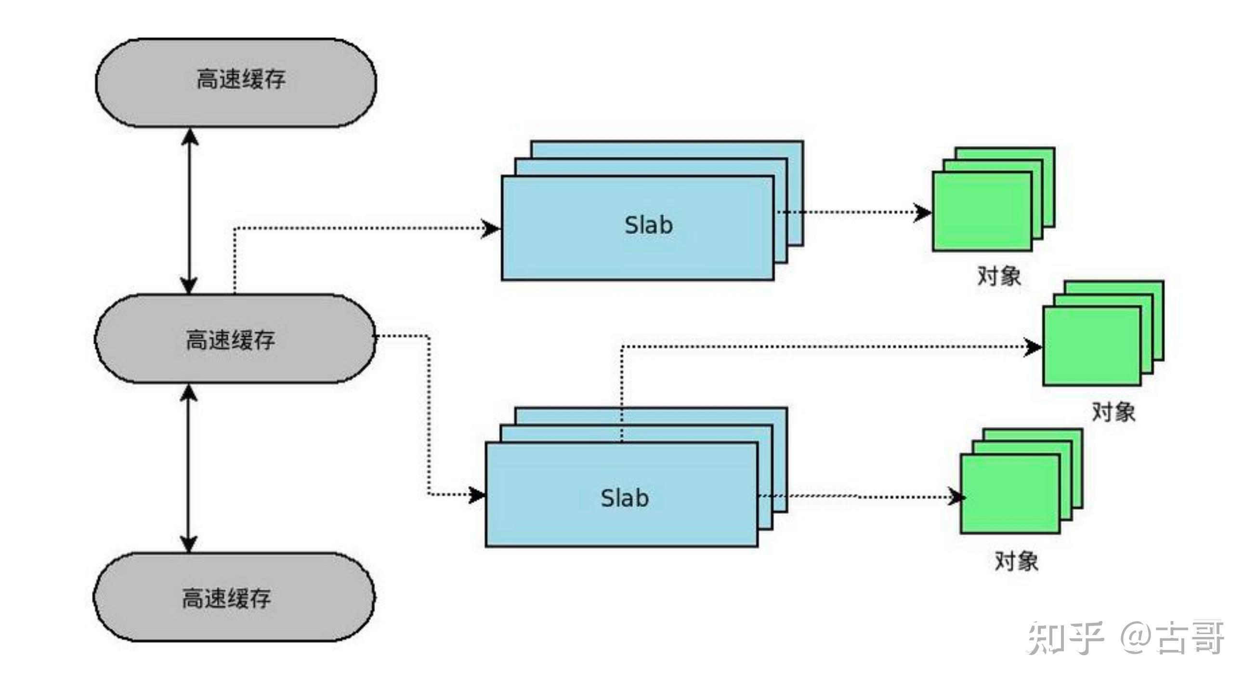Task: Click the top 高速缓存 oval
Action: coord(236,82)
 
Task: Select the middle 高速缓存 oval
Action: coord(235,338)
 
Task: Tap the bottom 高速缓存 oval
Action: coord(234,596)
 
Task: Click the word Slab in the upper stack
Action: coord(649,225)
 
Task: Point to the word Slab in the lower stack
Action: coord(624,498)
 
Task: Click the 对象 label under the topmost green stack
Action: coord(999,276)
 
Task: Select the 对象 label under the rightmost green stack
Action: coord(1113,411)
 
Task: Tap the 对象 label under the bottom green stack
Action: coord(1016,561)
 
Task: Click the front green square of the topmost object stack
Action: coord(982,212)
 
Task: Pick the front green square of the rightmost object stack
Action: coord(1092,346)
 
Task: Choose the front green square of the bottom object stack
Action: coord(1010,494)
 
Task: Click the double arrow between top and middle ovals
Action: coord(189,211)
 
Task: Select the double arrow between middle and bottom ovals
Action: coord(189,468)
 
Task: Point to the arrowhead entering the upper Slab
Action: coord(491,228)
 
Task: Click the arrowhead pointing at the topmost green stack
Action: coord(922,212)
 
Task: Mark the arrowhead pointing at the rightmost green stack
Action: coord(1033,347)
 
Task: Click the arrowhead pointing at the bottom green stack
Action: coord(956,497)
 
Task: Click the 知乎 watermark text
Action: coord(1065,638)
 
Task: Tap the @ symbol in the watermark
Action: coord(1137,638)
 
